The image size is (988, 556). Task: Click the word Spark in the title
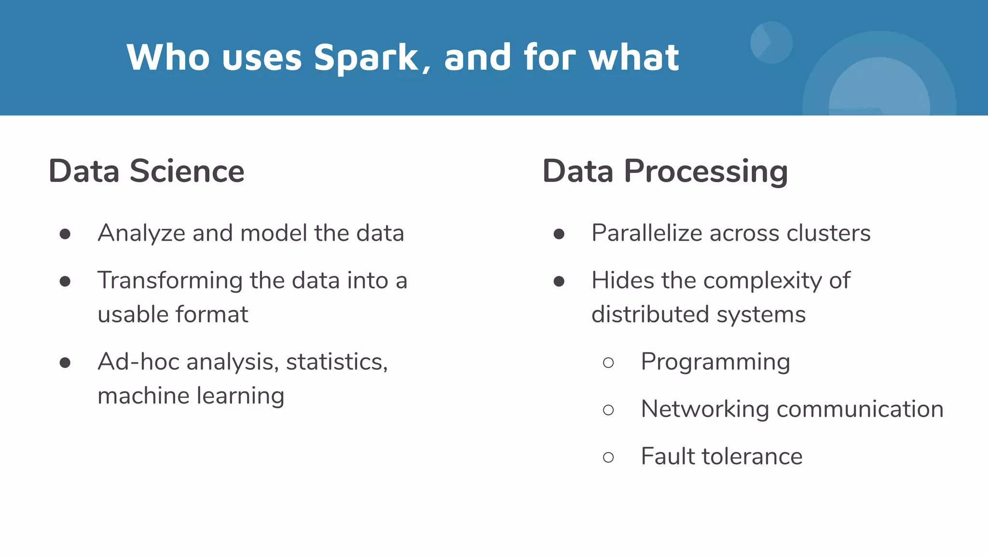366,58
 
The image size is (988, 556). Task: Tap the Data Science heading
147,171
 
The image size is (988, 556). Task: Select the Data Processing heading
665,171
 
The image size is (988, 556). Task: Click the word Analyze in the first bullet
141,234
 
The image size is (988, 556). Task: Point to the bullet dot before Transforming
65,281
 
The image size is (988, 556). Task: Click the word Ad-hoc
138,362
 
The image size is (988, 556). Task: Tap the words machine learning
191,396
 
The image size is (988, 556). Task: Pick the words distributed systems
698,315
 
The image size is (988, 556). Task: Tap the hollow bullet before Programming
608,362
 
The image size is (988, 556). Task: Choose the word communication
860,409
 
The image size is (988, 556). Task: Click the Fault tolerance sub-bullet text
721,457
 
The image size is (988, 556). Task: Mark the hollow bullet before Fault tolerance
608,457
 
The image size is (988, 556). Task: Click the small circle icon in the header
771,42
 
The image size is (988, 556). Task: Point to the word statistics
336,362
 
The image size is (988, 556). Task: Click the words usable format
173,315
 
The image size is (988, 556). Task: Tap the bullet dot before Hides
559,281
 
